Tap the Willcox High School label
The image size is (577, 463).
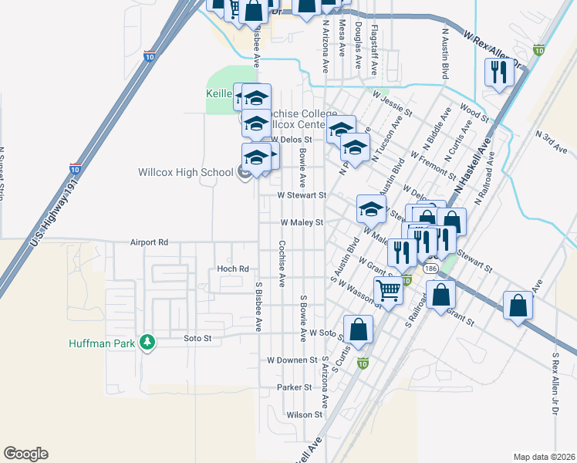pyautogui.click(x=184, y=172)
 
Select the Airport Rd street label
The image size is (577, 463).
pyautogui.click(x=149, y=242)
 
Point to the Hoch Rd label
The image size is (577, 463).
pyautogui.click(x=232, y=269)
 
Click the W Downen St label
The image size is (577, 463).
pyautogui.click(x=292, y=360)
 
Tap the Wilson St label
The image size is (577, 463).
pyautogui.click(x=303, y=414)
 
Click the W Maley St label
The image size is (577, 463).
pyautogui.click(x=300, y=222)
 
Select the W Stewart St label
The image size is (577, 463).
pyautogui.click(x=303, y=196)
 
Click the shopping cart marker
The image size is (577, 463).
pyautogui.click(x=389, y=291)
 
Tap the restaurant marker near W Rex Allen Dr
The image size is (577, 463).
pyautogui.click(x=498, y=73)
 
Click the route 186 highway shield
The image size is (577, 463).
pyautogui.click(x=430, y=267)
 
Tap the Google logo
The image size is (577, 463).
pyautogui.click(x=25, y=453)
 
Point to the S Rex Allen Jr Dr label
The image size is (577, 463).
pyautogui.click(x=555, y=384)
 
